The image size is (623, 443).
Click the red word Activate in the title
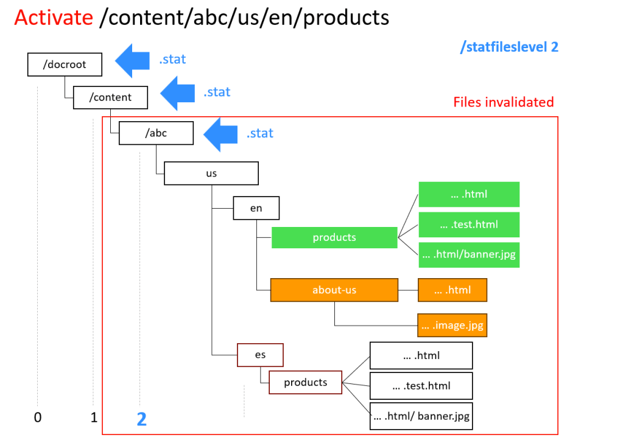point(54,17)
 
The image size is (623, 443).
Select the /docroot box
point(65,65)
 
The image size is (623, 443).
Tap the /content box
point(110,97)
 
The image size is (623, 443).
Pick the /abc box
point(156,133)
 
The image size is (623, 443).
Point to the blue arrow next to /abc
point(220,134)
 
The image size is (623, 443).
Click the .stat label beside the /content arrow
point(217,92)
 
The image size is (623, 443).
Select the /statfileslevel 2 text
point(510,46)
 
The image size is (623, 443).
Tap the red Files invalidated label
point(503,102)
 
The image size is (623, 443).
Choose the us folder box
point(211,173)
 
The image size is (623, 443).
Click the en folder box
point(256,208)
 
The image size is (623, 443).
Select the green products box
point(334,237)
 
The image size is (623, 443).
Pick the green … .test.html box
point(468,225)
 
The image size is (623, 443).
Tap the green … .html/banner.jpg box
point(468,254)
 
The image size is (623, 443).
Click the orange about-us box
point(334,290)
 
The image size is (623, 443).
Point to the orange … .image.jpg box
point(452,326)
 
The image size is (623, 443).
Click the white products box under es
point(306,382)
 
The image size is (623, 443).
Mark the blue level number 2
point(141,419)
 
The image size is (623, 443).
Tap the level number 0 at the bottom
point(37,417)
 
